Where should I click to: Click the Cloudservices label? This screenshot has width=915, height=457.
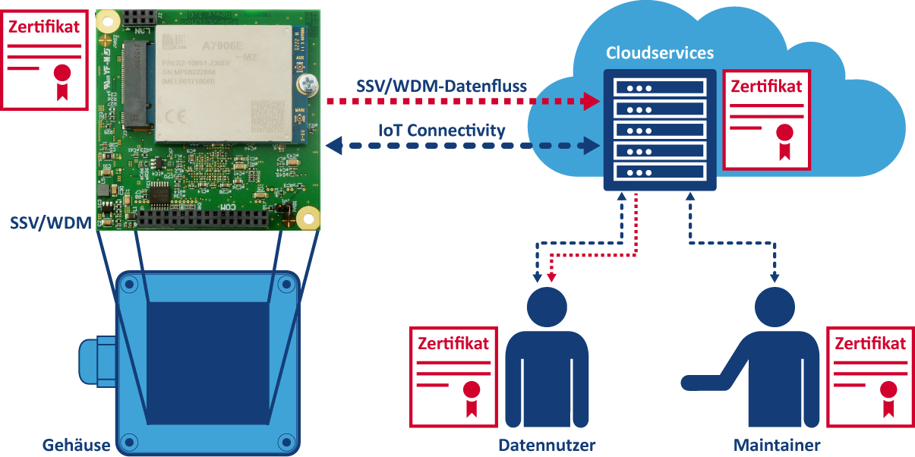659,53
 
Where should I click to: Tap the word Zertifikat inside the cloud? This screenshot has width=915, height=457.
766,87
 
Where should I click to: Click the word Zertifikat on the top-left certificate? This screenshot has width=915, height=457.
44,27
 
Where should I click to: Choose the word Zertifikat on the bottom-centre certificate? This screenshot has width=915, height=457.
453,343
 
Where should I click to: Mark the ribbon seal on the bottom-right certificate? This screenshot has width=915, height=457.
888,395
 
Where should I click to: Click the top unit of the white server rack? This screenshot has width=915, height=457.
659,87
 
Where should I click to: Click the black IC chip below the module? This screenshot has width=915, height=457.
161,194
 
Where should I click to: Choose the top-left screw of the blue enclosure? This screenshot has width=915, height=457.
128,285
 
